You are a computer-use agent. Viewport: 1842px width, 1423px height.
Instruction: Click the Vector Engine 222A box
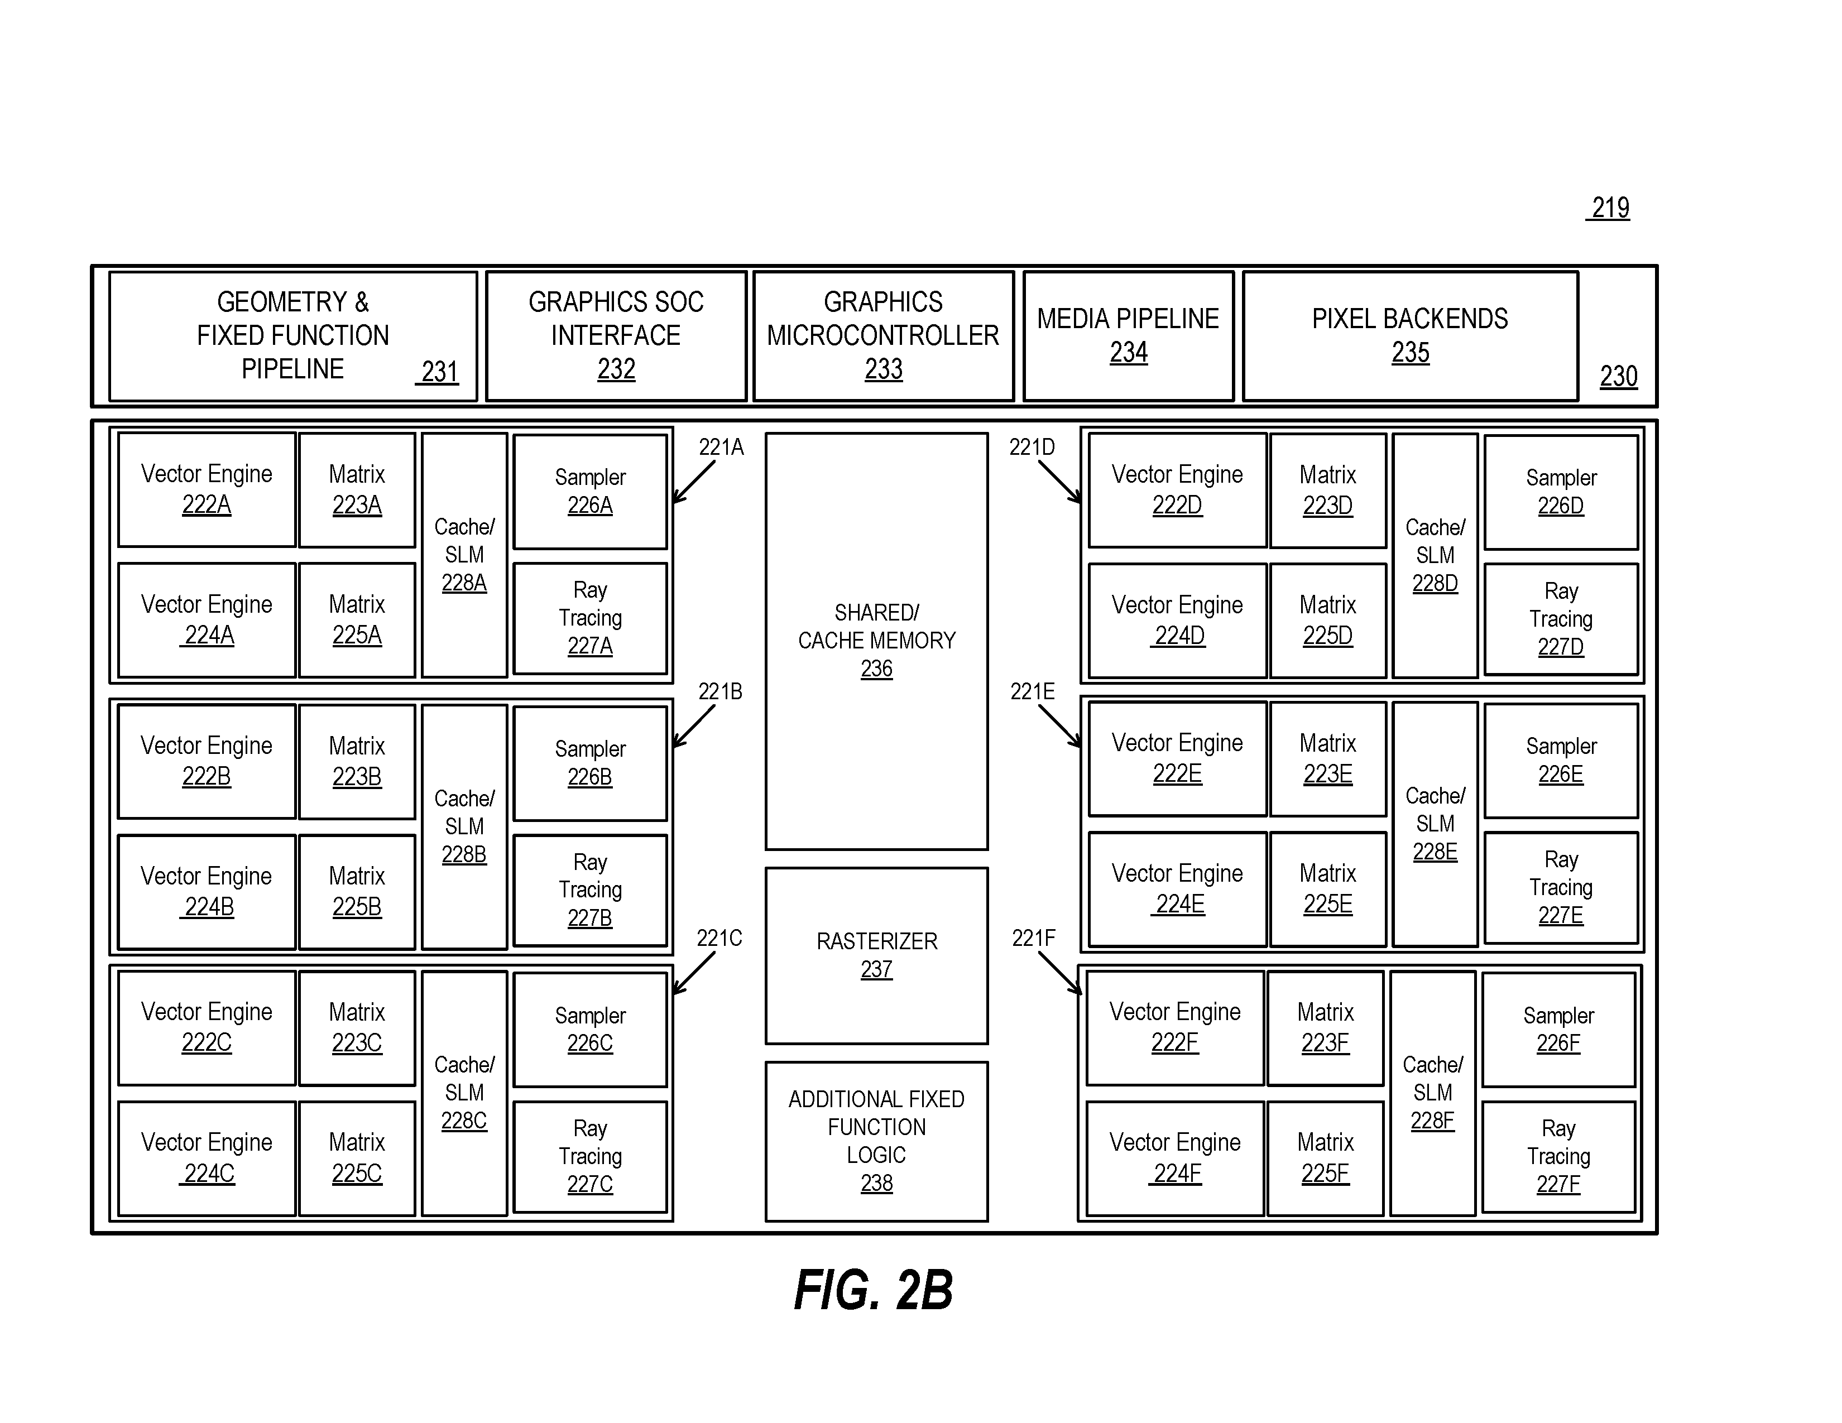(207, 490)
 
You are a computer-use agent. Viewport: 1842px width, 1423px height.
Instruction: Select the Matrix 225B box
(357, 892)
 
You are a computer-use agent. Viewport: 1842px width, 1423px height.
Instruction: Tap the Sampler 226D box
(1561, 492)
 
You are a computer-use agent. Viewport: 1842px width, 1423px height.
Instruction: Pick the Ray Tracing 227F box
(1558, 1157)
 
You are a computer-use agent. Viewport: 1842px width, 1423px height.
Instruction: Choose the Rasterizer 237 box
(876, 956)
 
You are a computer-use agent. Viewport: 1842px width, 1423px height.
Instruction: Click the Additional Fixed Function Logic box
(876, 1141)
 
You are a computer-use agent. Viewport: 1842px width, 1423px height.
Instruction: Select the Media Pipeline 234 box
(1129, 335)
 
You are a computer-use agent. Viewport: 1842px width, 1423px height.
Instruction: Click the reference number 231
(439, 372)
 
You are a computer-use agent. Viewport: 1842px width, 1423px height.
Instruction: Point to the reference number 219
(1609, 208)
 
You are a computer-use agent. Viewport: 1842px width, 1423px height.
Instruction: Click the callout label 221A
(721, 447)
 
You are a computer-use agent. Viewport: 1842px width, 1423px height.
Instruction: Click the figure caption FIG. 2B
(874, 1290)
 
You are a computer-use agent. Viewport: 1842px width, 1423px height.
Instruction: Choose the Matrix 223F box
(1325, 1027)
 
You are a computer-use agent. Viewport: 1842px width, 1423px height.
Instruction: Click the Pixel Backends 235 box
(1410, 335)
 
